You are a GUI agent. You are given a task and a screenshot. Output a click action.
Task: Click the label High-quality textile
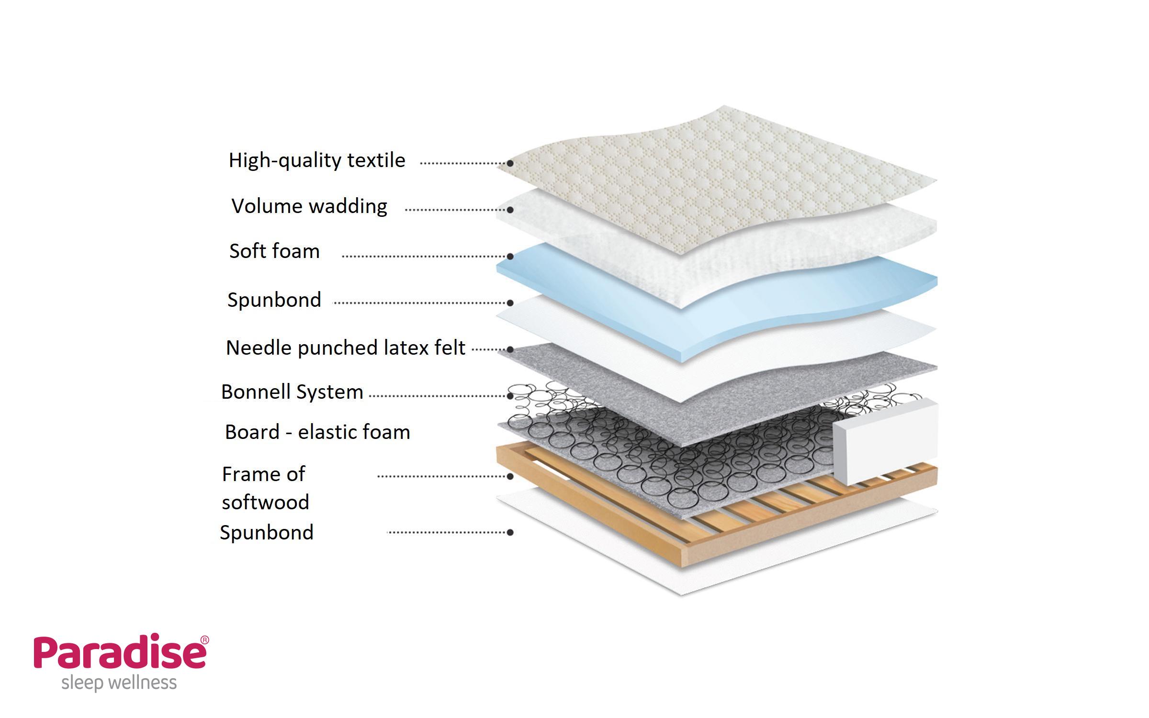pyautogui.click(x=317, y=160)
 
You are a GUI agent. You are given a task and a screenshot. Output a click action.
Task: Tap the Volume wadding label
pyautogui.click(x=309, y=206)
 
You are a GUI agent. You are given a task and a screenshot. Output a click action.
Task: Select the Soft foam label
pyautogui.click(x=274, y=251)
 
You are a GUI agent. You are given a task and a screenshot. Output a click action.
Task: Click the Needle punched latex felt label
pyautogui.click(x=345, y=348)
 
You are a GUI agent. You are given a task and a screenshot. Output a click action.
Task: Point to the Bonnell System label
pyautogui.click(x=292, y=392)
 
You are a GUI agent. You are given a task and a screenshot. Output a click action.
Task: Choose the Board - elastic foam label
pyautogui.click(x=317, y=432)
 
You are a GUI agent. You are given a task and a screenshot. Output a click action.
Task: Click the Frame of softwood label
pyautogui.click(x=265, y=488)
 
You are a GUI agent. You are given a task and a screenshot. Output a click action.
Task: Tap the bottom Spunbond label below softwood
pyautogui.click(x=267, y=532)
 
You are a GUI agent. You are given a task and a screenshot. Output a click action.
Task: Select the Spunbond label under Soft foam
pyautogui.click(x=274, y=300)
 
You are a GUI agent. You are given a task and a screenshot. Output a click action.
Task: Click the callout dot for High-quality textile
pyautogui.click(x=510, y=163)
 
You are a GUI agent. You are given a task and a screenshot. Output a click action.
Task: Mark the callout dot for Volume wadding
pyautogui.click(x=510, y=210)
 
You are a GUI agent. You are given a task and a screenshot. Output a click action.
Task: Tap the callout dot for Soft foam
pyautogui.click(x=510, y=256)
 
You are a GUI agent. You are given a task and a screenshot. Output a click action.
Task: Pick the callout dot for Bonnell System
pyautogui.click(x=510, y=396)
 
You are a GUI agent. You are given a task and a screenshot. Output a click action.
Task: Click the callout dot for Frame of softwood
pyautogui.click(x=510, y=476)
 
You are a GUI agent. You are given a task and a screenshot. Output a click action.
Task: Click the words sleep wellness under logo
pyautogui.click(x=119, y=683)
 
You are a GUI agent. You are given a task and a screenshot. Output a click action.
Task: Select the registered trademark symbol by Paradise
pyautogui.click(x=204, y=640)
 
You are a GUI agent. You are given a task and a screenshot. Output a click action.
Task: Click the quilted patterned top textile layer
pyautogui.click(x=718, y=177)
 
